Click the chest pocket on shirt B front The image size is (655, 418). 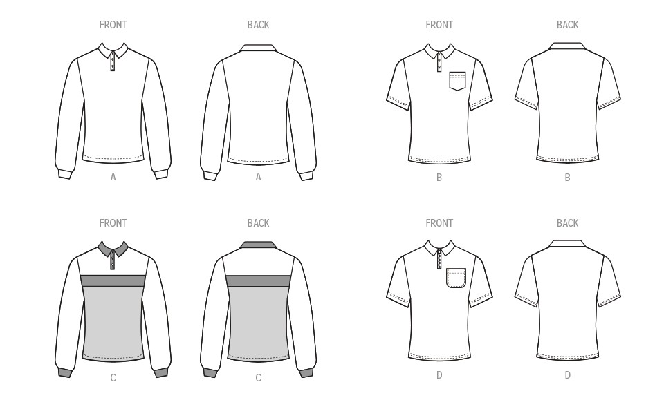pyautogui.click(x=457, y=81)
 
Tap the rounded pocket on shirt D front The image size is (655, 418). pyautogui.click(x=456, y=278)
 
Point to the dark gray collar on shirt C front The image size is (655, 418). pyautogui.click(x=113, y=249)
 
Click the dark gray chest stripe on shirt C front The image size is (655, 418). pyautogui.click(x=113, y=281)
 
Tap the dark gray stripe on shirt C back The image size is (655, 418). pyautogui.click(x=258, y=281)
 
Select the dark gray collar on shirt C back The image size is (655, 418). pyautogui.click(x=258, y=245)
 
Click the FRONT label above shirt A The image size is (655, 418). pyautogui.click(x=113, y=25)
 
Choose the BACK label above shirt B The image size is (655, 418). pyautogui.click(x=567, y=25)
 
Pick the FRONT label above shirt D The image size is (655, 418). pyautogui.click(x=439, y=223)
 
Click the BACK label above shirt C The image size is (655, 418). pyautogui.click(x=258, y=223)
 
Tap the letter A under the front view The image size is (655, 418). pyautogui.click(x=113, y=178)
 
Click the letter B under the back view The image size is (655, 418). pyautogui.click(x=567, y=178)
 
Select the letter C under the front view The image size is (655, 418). pyautogui.click(x=113, y=378)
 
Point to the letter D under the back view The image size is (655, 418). pyautogui.click(x=567, y=375)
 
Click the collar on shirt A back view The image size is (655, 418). pyautogui.click(x=258, y=48)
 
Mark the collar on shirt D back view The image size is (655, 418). pyautogui.click(x=567, y=243)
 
